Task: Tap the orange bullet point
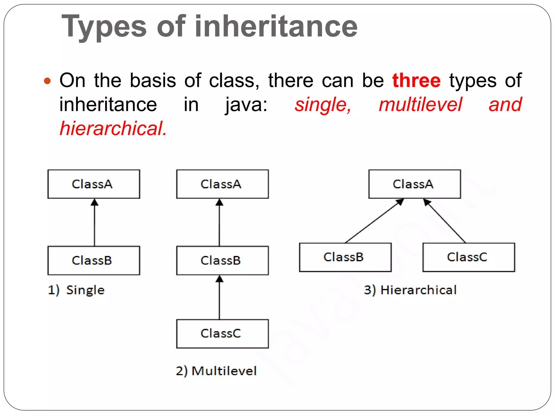pos(47,81)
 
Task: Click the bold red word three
pos(416,81)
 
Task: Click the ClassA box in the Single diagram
pos(94,184)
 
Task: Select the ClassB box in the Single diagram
pos(94,261)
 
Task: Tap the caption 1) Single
pos(76,290)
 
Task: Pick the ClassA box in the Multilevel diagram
pos(222,184)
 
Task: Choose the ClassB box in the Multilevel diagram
pos(222,261)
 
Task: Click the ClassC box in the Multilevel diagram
pos(222,334)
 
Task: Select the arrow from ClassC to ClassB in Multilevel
pos(219,298)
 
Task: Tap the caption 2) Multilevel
pos(216,371)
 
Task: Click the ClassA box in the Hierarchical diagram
pos(414,184)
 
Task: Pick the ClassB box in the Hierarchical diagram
pos(345,257)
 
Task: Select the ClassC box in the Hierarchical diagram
pos(469,257)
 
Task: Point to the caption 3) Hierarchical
pos(410,290)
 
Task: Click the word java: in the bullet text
pos(246,105)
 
